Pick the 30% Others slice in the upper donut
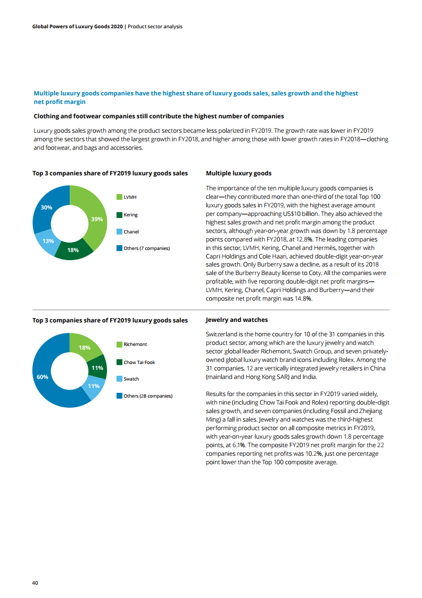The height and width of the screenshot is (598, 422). (x=47, y=208)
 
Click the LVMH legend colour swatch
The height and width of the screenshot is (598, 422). (x=119, y=198)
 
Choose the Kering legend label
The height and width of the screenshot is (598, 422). (x=130, y=215)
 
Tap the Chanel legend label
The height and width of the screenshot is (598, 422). (x=131, y=232)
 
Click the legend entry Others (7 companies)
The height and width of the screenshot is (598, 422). (x=146, y=248)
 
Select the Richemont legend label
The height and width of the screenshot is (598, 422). (x=135, y=344)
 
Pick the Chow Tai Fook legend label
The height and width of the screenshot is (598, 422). (x=139, y=362)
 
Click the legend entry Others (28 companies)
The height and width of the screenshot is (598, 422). (x=148, y=396)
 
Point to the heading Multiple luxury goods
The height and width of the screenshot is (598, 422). (x=238, y=173)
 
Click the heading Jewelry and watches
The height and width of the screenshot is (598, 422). (x=236, y=320)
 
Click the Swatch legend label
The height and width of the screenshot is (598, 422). (x=131, y=379)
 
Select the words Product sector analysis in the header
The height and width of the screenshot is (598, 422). (x=155, y=27)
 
